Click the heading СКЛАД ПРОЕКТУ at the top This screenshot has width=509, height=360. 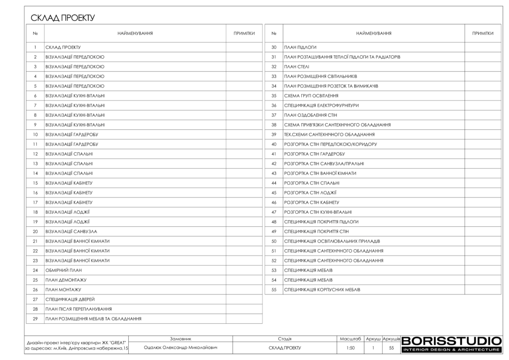click(63, 18)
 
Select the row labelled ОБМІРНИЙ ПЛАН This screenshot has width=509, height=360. click(63, 270)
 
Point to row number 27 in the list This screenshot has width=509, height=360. click(35, 299)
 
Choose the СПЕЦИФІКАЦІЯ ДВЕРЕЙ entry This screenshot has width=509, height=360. click(70, 299)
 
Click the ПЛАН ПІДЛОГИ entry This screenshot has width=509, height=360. click(300, 47)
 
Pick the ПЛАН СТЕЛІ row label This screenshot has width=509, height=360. click(296, 67)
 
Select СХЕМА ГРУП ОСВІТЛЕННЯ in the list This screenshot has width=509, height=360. click(311, 95)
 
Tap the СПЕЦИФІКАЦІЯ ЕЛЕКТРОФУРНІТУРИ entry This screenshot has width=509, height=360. click(321, 105)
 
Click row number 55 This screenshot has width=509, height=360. click(274, 289)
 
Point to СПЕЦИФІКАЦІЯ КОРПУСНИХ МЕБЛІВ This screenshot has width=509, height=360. click(322, 289)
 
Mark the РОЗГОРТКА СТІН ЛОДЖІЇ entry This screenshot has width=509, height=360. click(310, 192)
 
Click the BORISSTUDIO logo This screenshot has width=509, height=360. click(451, 345)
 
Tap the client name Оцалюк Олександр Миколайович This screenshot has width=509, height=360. click(180, 348)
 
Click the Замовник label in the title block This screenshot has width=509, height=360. click(180, 338)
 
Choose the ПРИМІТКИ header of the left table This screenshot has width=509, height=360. click(244, 33)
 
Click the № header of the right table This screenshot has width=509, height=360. click(274, 33)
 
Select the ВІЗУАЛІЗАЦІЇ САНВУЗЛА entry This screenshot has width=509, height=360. click(71, 232)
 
